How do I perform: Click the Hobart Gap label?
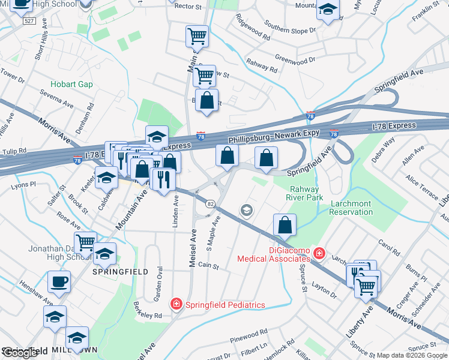click(x=72, y=85)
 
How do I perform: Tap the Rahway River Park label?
click(x=304, y=193)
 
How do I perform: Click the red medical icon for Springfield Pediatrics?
click(x=176, y=304)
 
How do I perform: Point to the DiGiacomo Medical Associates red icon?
click(x=320, y=253)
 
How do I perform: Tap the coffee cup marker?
click(x=59, y=281)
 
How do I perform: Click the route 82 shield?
click(x=210, y=204)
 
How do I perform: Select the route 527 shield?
click(x=29, y=20)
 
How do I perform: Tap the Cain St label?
click(x=208, y=265)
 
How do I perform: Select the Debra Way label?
click(x=383, y=150)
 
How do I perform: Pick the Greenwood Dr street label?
click(x=295, y=60)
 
